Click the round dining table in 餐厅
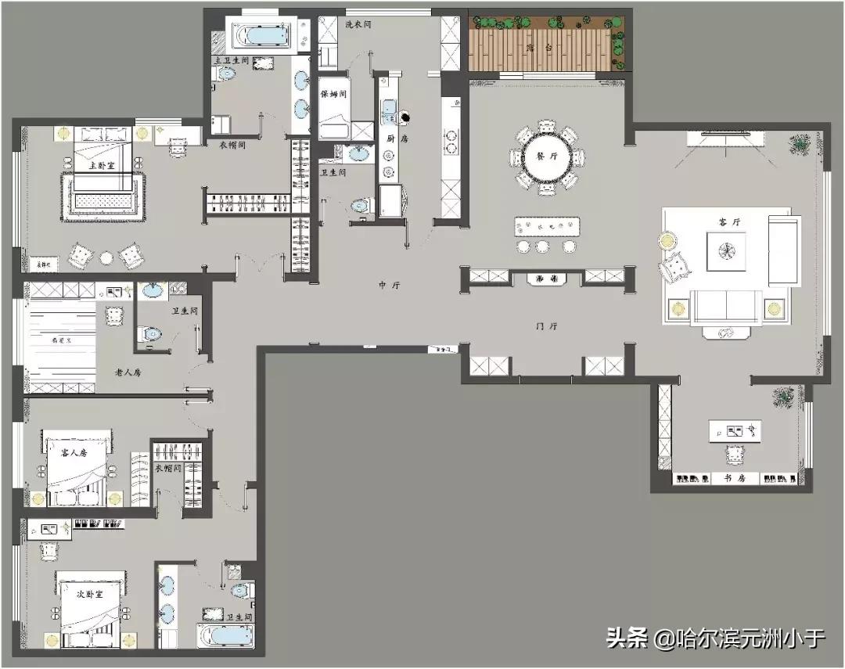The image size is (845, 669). tap(546, 157)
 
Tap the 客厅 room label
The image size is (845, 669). tap(729, 222)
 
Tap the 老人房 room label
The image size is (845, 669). tap(128, 372)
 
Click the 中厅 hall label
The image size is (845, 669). tap(389, 286)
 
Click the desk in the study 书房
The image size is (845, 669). tap(735, 430)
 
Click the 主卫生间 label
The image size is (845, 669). tap(233, 60)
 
